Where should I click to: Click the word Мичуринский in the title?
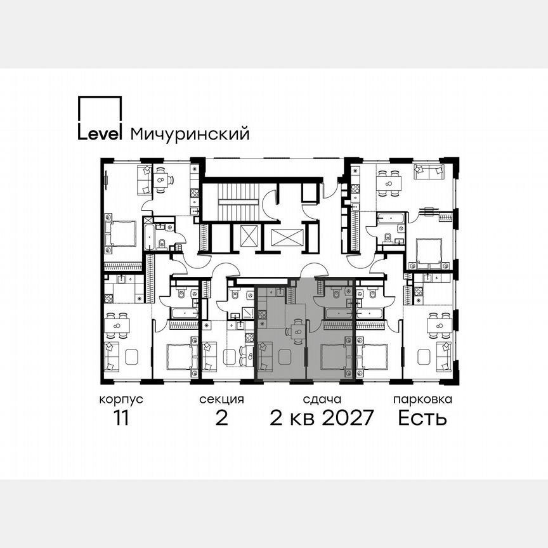tap(189, 134)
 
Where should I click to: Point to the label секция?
tap(221, 400)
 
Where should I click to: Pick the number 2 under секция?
tap(221, 419)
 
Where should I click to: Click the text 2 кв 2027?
tap(322, 419)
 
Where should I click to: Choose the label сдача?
tap(322, 400)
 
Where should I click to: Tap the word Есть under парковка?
tap(422, 419)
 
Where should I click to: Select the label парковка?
tap(422, 400)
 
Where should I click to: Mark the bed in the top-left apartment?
tap(122, 233)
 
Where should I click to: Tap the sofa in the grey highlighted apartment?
tap(265, 357)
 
